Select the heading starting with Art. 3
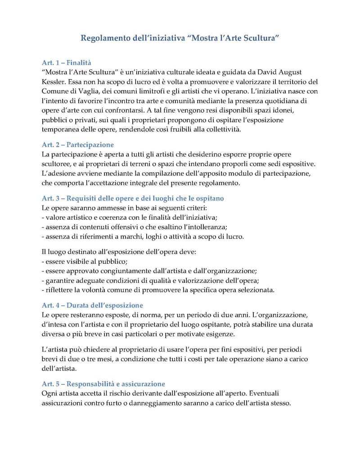132,198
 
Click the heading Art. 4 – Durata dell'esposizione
92,305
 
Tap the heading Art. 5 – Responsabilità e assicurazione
103,384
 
